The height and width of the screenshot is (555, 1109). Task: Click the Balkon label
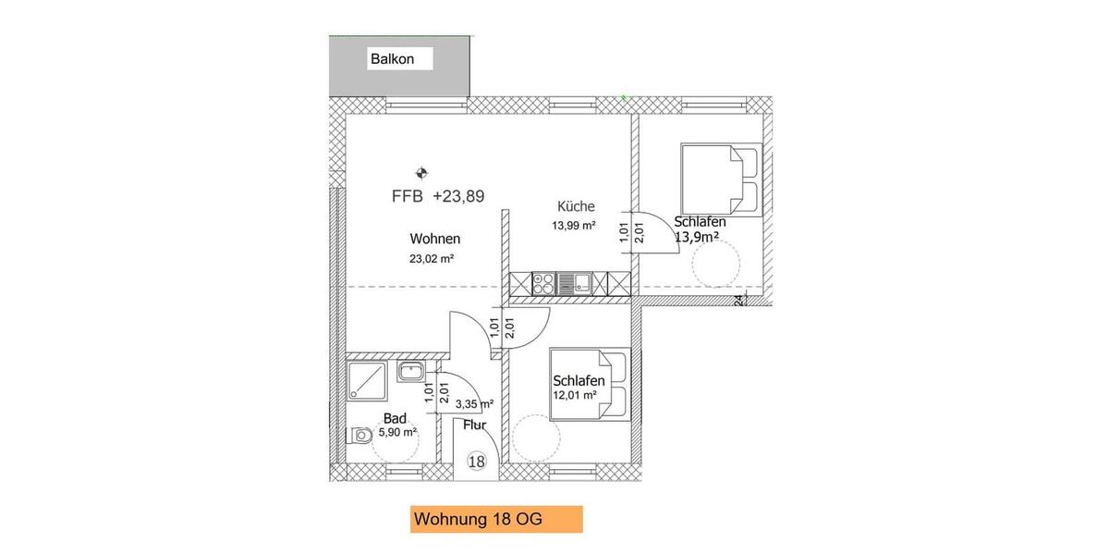tap(392, 59)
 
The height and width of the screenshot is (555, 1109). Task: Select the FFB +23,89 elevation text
tap(438, 195)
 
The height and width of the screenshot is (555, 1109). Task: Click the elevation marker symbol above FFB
tap(421, 172)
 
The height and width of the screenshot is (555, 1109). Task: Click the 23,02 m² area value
tap(431, 259)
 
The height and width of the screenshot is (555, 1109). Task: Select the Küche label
tap(576, 206)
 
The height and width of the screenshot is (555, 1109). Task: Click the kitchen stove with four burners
tap(544, 282)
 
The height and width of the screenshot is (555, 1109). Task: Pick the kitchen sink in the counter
tap(581, 282)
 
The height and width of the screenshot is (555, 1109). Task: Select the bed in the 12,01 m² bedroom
tap(590, 383)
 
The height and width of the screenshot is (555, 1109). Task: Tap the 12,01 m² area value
tap(576, 395)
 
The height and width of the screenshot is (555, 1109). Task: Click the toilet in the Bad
tap(361, 435)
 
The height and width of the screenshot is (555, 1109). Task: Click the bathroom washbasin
tap(409, 372)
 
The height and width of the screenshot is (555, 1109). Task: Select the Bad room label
tap(394, 418)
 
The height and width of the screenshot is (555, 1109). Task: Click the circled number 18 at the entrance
tap(477, 462)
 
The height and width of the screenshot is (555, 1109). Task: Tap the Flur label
tap(475, 425)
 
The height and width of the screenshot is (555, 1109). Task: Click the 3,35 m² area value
tap(475, 403)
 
